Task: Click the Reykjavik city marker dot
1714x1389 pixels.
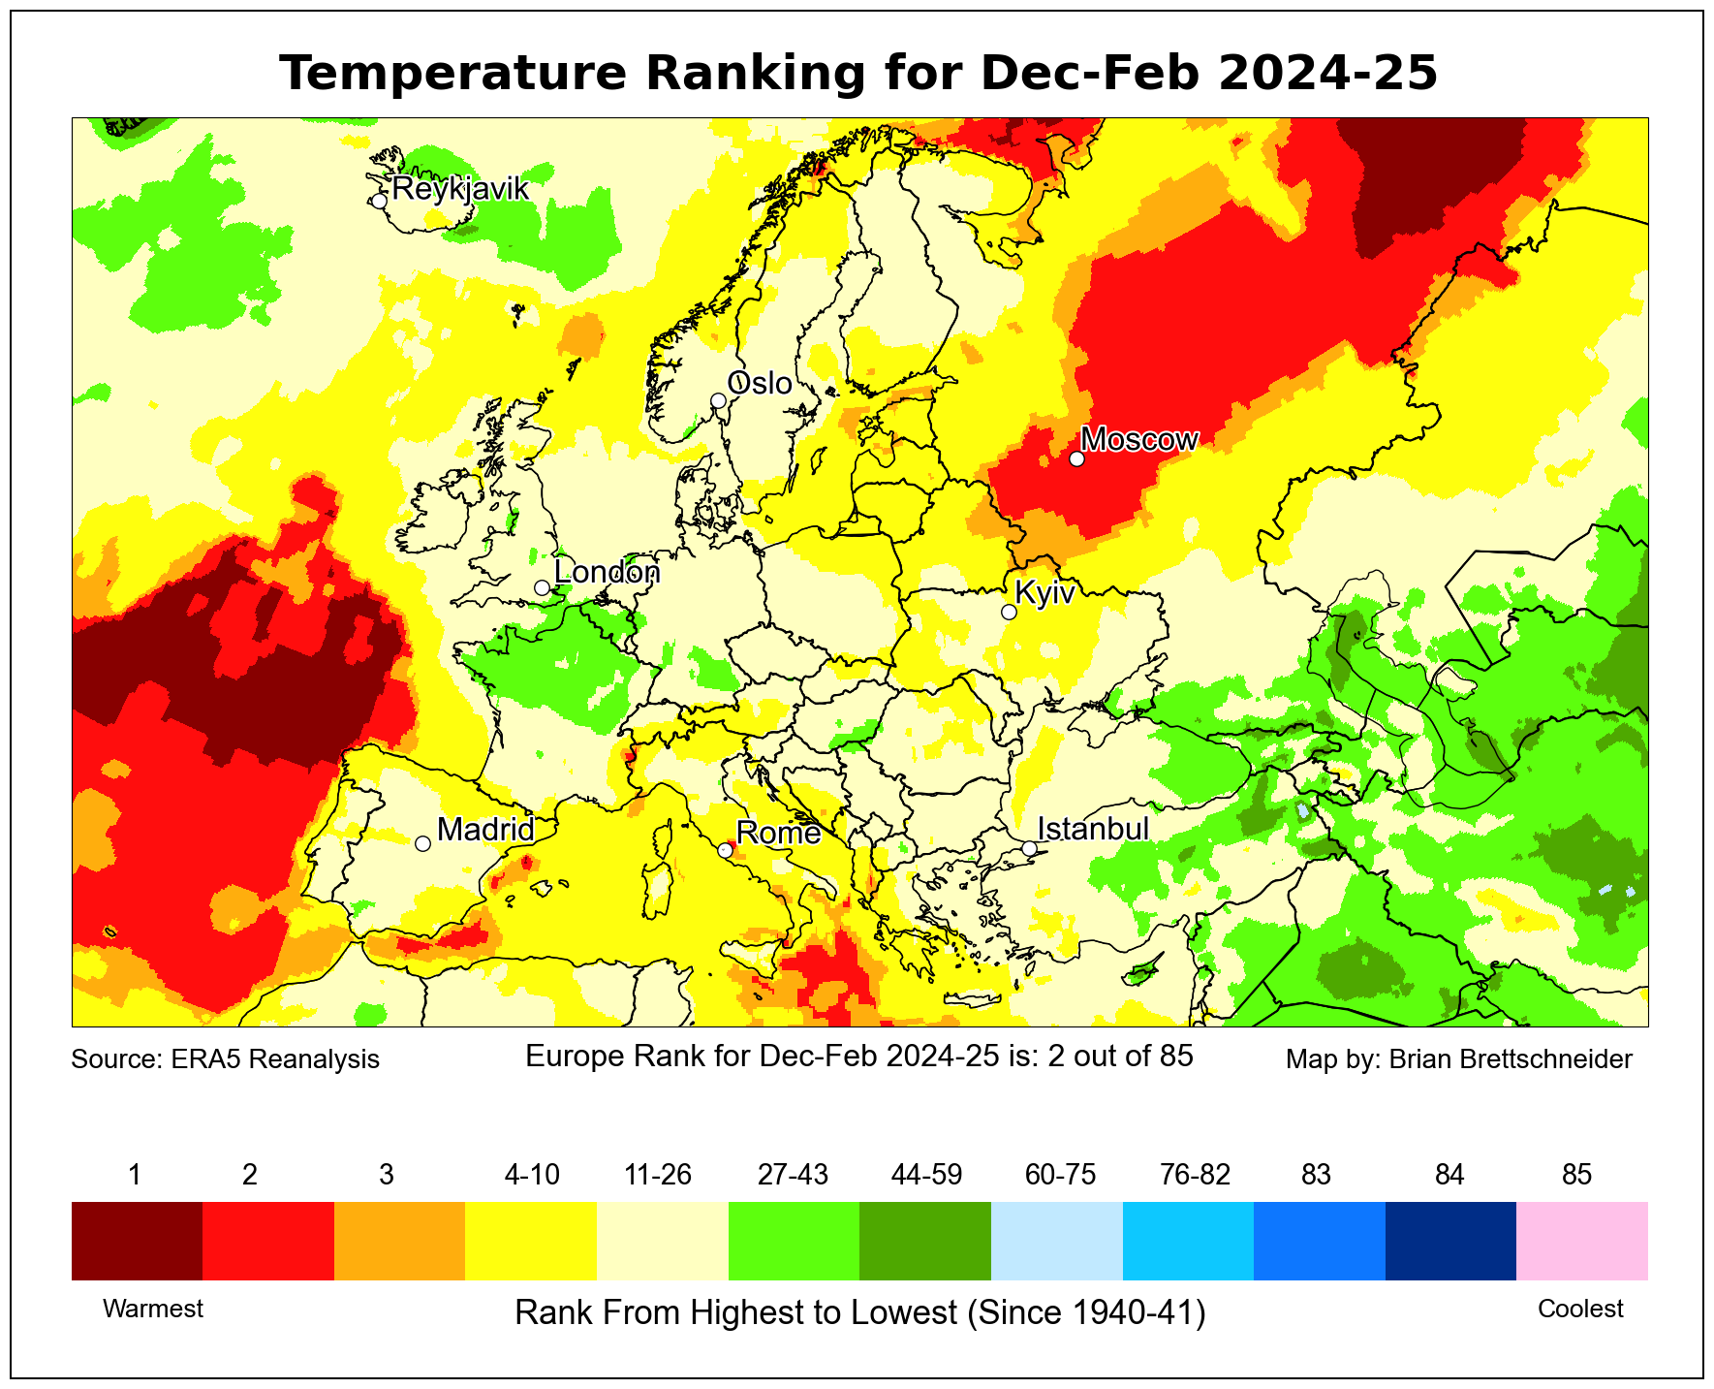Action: (379, 201)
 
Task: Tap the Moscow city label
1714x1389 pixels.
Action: (1139, 439)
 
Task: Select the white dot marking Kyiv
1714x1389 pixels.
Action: (1009, 612)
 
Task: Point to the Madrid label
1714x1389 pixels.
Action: (485, 829)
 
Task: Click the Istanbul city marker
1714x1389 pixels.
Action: (1029, 848)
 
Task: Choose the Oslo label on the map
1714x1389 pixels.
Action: (760, 384)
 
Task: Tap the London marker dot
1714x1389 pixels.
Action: (542, 587)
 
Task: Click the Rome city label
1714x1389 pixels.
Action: (778, 833)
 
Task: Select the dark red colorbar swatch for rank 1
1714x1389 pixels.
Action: (137, 1241)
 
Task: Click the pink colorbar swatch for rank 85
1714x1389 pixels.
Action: (1581, 1241)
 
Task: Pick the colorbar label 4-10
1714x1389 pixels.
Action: (532, 1175)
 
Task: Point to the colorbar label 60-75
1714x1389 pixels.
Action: (1060, 1175)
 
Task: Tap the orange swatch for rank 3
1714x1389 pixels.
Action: (399, 1241)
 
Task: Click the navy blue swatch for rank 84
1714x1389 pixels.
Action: (1450, 1241)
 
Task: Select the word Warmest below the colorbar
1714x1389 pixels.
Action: (153, 1309)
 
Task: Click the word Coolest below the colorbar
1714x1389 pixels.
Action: (1580, 1309)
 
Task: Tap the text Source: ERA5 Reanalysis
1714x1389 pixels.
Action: (226, 1058)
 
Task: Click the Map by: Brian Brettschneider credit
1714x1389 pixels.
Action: (1458, 1058)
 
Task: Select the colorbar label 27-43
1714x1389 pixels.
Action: (793, 1175)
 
